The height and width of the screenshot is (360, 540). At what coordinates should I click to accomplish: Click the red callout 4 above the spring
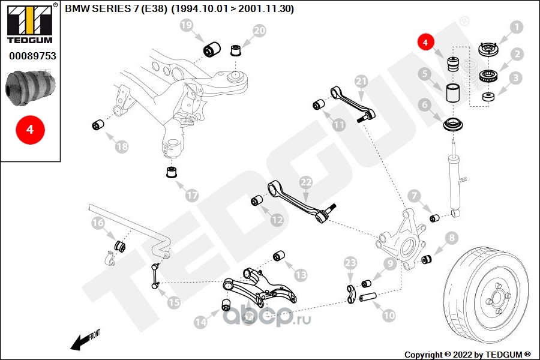pyautogui.click(x=425, y=43)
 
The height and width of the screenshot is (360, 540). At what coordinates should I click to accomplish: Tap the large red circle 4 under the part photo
pyautogui.click(x=29, y=129)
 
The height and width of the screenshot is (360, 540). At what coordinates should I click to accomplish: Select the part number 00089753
pyautogui.click(x=29, y=56)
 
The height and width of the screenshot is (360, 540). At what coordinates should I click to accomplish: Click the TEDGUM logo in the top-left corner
pyautogui.click(x=29, y=24)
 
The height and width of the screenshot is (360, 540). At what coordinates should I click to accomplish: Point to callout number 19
pyautogui.click(x=187, y=26)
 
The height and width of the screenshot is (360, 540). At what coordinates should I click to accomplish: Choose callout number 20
pyautogui.click(x=259, y=31)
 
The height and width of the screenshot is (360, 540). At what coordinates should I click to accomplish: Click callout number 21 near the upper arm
pyautogui.click(x=361, y=81)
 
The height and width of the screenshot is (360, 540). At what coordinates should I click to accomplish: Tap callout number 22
pyautogui.click(x=306, y=182)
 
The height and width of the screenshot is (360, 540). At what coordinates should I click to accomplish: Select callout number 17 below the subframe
pyautogui.click(x=191, y=195)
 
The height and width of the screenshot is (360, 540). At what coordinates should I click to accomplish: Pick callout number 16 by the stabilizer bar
pyautogui.click(x=98, y=223)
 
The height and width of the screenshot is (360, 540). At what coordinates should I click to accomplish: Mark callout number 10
pyautogui.click(x=388, y=314)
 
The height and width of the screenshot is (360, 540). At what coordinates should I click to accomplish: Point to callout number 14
pyautogui.click(x=200, y=322)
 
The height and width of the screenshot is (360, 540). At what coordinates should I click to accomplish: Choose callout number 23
pyautogui.click(x=351, y=262)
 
